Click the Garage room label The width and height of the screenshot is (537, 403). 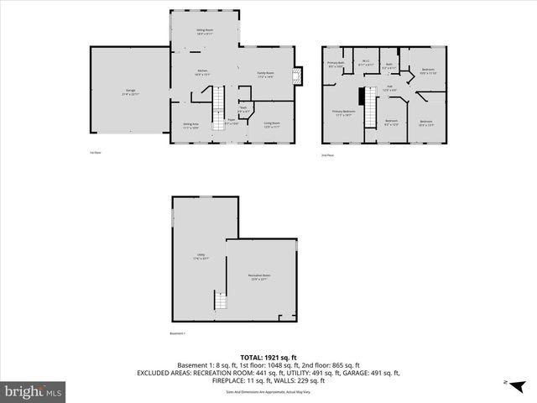click(131, 91)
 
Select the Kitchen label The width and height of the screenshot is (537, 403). click(202, 72)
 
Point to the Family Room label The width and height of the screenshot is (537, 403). click(267, 75)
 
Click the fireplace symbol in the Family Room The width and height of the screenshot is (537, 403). click(296, 76)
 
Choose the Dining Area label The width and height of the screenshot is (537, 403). click(191, 125)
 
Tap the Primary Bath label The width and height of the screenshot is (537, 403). click(336, 65)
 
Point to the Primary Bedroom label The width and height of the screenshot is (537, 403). click(343, 113)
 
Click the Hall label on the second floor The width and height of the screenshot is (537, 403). click(390, 87)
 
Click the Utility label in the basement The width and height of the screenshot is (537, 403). click(201, 256)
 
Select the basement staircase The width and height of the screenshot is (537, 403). click(222, 301)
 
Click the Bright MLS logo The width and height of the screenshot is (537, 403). click(34, 390)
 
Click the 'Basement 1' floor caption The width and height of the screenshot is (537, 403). click(177, 333)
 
